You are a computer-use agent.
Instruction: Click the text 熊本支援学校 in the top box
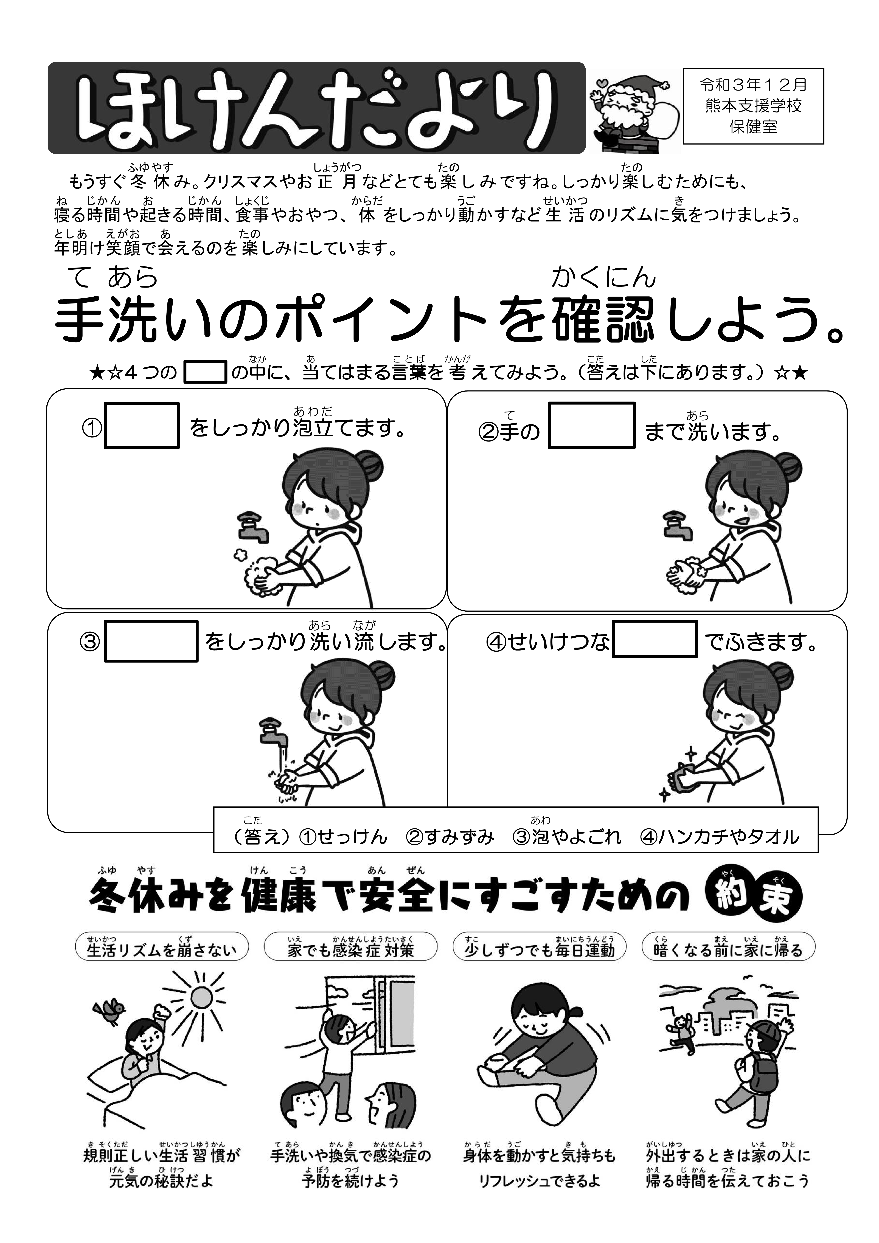coord(753,106)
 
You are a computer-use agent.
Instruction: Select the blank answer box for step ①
coord(141,426)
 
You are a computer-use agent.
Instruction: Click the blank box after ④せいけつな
coord(654,639)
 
